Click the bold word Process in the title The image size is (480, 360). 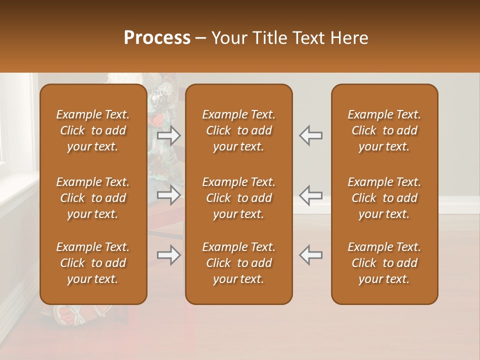pos(157,38)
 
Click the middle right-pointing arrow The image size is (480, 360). pos(169,195)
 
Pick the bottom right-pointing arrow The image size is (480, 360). pos(169,255)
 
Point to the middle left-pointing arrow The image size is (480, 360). pos(310,195)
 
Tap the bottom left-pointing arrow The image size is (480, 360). pos(310,255)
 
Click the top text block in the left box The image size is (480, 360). pos(93,130)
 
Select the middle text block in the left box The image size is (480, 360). pos(93,198)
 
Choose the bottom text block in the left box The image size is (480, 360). pos(93,263)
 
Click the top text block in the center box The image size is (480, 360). pos(238,130)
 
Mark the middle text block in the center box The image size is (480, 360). pos(238,198)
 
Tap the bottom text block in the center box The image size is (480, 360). pos(238,263)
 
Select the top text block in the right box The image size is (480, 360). pos(384,130)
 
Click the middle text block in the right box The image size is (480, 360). pos(384,198)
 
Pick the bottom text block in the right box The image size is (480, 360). pos(384,263)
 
